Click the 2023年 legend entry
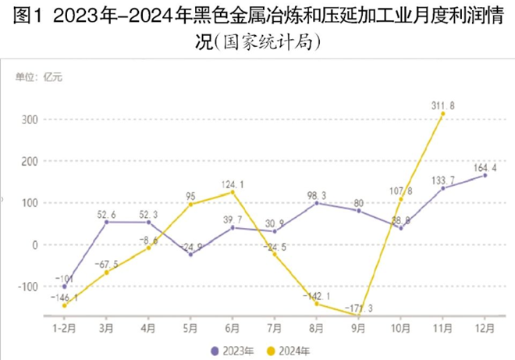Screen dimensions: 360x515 tap(231, 350)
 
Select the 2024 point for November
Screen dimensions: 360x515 tap(443, 114)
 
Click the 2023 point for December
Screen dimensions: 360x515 tap(485, 176)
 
